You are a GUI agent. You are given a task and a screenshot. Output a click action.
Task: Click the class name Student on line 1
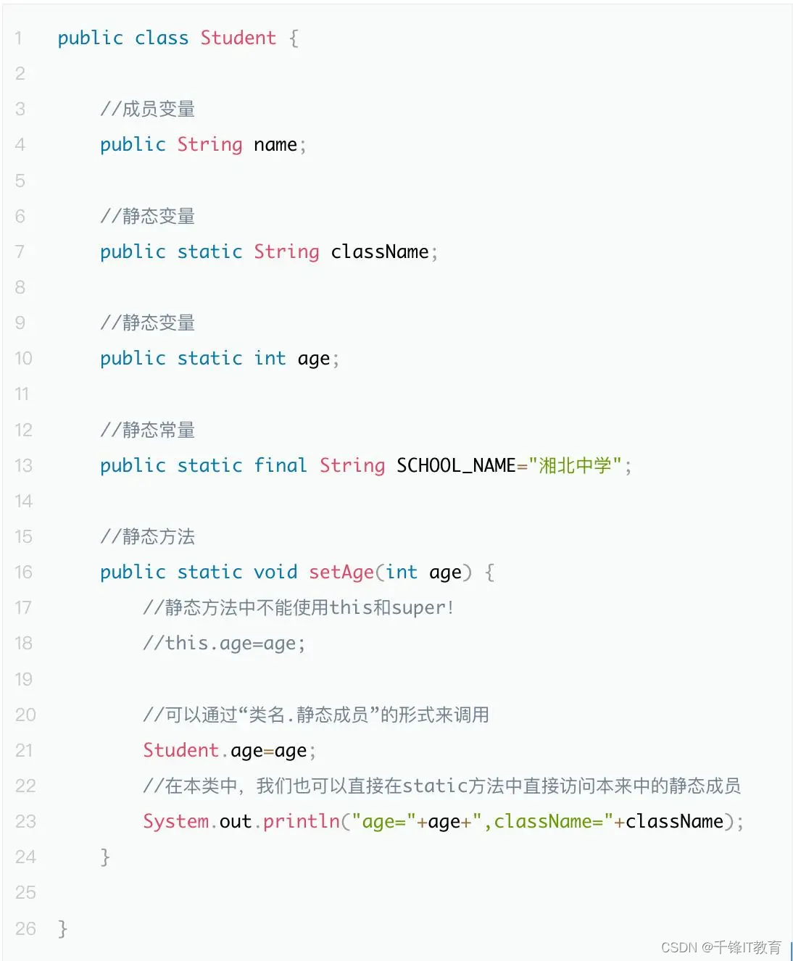coord(238,38)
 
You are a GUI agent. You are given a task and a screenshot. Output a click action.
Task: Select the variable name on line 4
coord(275,144)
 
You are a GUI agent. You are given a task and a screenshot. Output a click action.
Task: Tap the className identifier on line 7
coord(379,251)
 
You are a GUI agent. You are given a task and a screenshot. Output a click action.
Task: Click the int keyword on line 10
coord(270,358)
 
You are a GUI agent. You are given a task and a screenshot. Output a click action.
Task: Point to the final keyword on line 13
coord(281,465)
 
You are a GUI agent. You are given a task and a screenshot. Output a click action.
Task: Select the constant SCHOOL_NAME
coord(455,465)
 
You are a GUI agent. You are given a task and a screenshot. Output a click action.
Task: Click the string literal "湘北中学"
coord(575,465)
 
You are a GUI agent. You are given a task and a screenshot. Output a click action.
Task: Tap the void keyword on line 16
coord(275,572)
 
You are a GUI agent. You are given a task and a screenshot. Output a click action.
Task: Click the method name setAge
coord(341,572)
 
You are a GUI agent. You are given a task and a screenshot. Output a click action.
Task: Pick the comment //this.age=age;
coord(224,643)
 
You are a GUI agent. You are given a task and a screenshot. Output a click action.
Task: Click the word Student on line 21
coord(180,750)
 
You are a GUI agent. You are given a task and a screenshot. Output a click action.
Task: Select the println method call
coord(301,821)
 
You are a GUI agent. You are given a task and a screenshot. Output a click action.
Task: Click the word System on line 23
coord(175,821)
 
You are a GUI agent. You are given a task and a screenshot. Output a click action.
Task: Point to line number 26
coord(25,928)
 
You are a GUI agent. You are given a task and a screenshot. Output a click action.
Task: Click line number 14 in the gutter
coord(24,501)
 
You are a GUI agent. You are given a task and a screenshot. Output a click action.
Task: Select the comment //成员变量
coord(148,109)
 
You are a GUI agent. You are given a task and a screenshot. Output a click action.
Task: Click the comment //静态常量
coord(148,430)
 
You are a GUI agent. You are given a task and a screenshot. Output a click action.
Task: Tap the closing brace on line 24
coord(105,857)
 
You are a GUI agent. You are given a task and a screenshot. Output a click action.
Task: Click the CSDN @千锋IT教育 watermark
coord(721,947)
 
